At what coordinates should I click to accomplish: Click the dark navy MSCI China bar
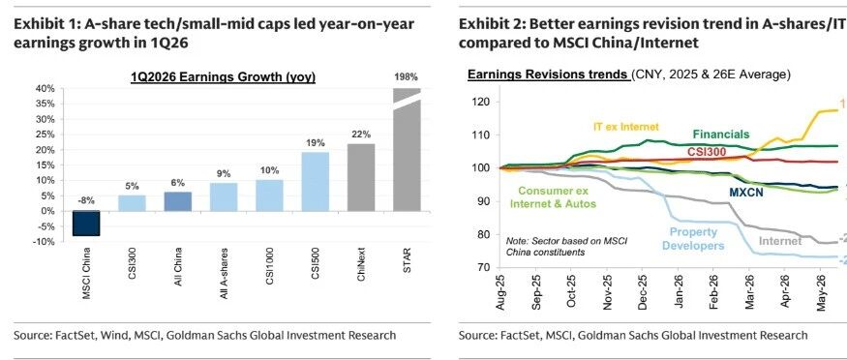coord(86,224)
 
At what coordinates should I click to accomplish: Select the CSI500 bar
coord(316,182)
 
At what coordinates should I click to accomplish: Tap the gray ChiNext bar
coord(361,177)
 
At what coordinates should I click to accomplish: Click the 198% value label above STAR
coord(407,77)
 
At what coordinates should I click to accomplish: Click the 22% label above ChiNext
coord(361,135)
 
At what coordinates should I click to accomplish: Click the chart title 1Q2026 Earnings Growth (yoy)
coord(223,77)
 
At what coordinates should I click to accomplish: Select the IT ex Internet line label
coord(625,127)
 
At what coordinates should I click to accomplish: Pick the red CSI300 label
coord(707,153)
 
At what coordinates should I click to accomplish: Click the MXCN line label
coord(746,193)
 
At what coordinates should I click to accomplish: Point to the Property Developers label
coord(693,239)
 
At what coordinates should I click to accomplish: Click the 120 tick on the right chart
coord(483,102)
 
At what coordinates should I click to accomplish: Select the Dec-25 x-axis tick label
coord(642,291)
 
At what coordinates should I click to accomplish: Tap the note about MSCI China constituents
coord(566,246)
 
